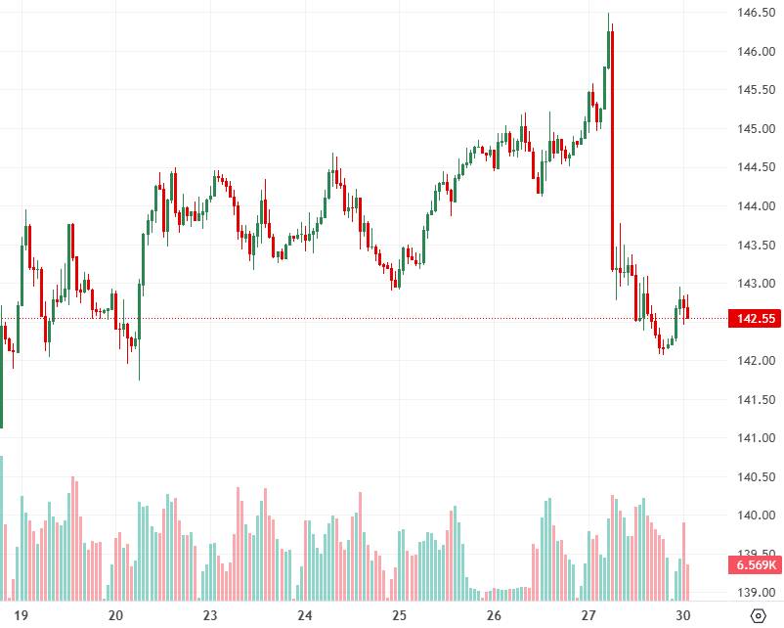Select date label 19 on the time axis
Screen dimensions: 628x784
coord(22,615)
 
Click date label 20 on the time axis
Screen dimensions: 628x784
coord(115,615)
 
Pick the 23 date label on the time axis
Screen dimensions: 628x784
coord(210,615)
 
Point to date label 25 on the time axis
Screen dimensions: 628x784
coord(399,615)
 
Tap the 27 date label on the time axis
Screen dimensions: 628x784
coord(588,615)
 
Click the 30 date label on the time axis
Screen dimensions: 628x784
coord(683,615)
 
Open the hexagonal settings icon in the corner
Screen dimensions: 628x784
coord(758,615)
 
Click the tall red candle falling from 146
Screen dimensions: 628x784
coord(611,147)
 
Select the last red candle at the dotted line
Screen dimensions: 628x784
coord(688,312)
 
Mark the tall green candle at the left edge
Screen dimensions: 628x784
coord(1,372)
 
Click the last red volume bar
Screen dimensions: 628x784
coord(688,582)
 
